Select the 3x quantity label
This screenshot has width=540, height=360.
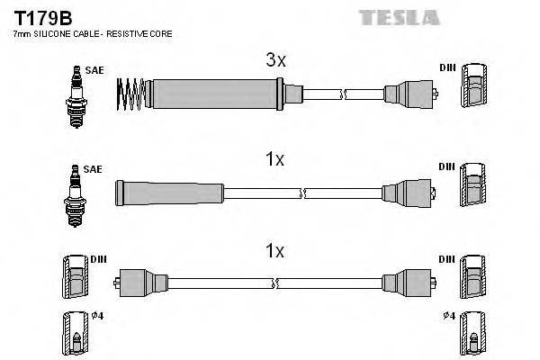[275, 61]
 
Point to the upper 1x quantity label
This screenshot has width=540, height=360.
[275, 159]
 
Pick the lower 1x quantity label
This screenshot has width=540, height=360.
[275, 251]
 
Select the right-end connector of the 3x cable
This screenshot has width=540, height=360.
[409, 92]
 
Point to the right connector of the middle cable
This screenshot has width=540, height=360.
[409, 191]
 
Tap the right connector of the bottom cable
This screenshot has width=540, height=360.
[409, 283]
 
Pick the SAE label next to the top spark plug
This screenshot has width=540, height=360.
[93, 68]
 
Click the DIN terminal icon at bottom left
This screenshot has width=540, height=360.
[74, 280]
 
